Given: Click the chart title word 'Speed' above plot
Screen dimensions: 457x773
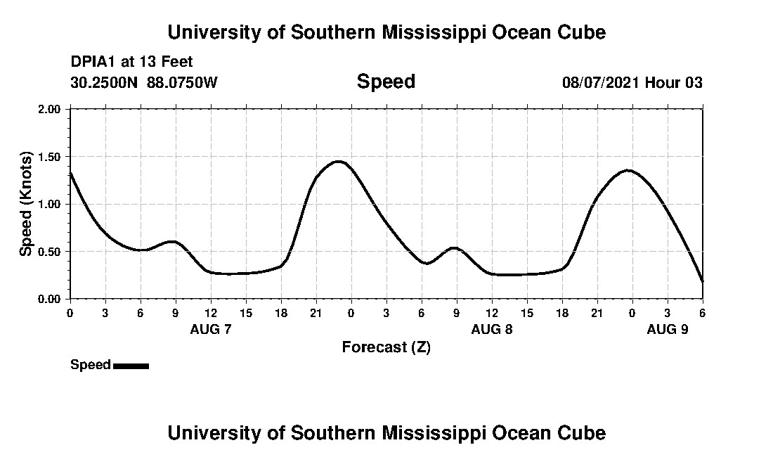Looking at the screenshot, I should tap(386, 82).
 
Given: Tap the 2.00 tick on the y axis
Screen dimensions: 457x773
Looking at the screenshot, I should tap(51, 109).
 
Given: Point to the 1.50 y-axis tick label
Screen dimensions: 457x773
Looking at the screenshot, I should tap(51, 157).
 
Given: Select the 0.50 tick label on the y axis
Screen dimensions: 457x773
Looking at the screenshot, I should tap(51, 252).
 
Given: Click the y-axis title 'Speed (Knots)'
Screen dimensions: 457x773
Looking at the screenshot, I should tap(26, 204).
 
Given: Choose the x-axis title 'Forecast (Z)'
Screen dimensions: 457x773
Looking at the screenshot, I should tap(386, 347).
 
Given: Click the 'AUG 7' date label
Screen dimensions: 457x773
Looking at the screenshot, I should tap(211, 329).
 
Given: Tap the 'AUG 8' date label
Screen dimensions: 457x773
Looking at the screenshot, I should tap(492, 329).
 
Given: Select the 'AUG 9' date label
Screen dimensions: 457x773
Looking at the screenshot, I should tap(667, 329).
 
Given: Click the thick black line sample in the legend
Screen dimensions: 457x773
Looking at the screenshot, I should tap(131, 366).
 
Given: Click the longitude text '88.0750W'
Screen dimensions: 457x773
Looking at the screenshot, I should tap(182, 83).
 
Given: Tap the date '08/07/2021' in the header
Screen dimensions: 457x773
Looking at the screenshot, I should tap(602, 83).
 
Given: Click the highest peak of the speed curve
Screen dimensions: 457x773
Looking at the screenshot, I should tap(339, 162).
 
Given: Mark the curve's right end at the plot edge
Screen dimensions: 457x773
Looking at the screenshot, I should tap(702, 281).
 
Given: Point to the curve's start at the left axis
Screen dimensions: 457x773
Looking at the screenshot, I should tap(70, 173).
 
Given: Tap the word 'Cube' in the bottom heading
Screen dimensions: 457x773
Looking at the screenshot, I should tap(585, 433).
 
